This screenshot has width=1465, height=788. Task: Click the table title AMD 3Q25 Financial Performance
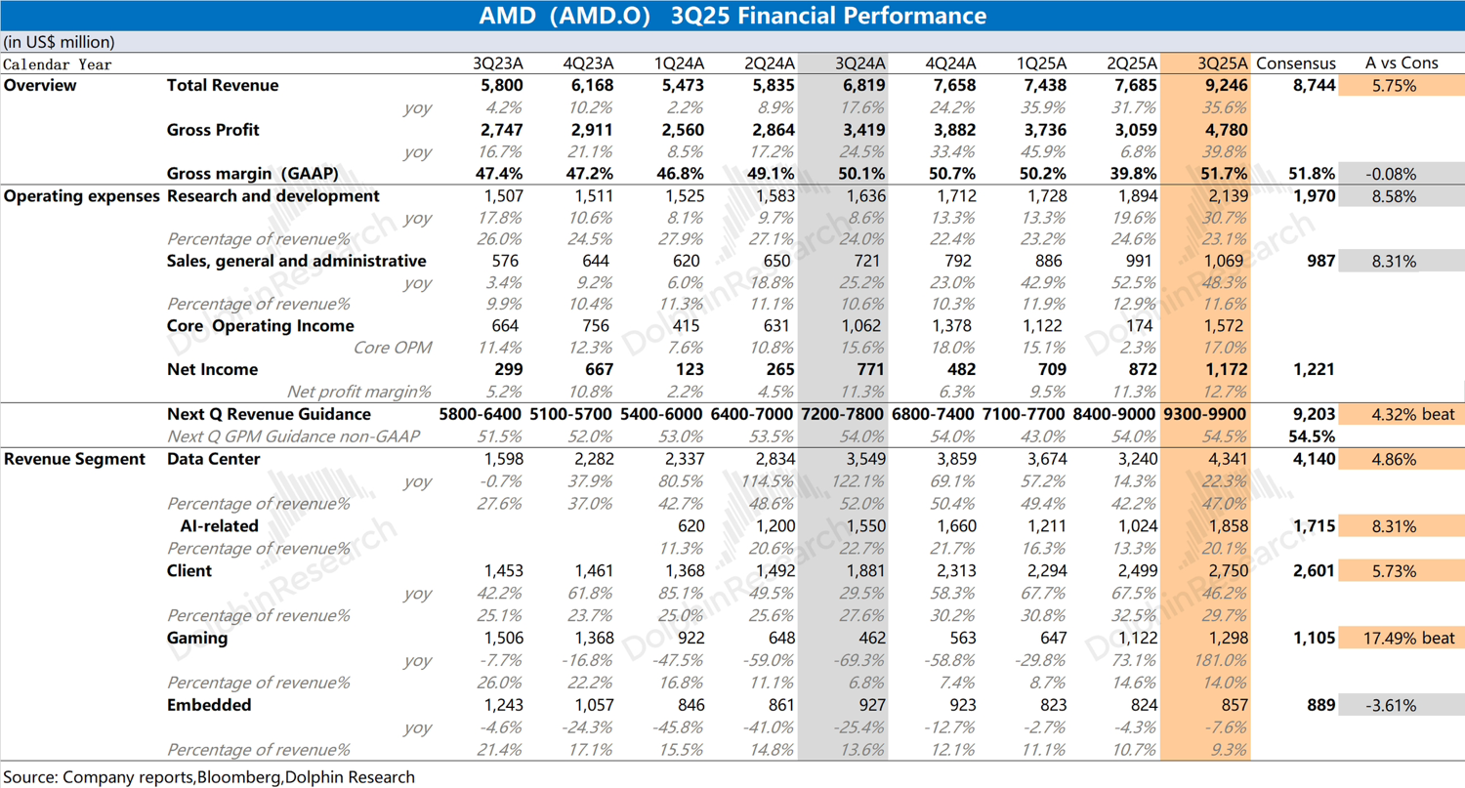tap(732, 16)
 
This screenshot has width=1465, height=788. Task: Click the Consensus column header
tap(1295, 63)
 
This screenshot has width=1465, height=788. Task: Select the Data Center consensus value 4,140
tap(1314, 459)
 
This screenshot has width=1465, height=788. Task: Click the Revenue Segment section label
tap(74, 459)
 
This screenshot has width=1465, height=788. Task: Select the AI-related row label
tap(219, 525)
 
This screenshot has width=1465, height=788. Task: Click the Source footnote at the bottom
tap(209, 777)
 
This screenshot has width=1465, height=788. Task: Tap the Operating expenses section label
tap(81, 195)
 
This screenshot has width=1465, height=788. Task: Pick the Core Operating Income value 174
tap(1144, 325)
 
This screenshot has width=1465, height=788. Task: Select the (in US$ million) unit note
tap(60, 42)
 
